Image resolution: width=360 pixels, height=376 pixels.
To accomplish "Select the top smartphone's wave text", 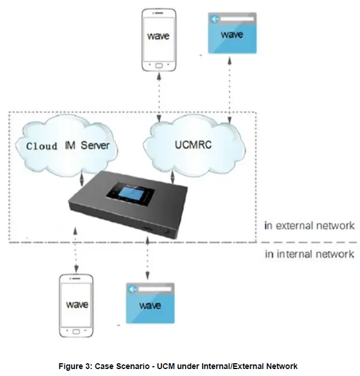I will click(157, 36).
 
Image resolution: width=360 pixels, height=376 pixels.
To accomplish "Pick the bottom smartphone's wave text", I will click(77, 304).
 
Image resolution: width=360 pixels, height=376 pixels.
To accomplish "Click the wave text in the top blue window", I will click(232, 35).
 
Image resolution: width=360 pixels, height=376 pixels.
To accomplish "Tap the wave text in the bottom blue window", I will click(150, 305).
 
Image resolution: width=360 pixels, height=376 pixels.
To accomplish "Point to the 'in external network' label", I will click(308, 226).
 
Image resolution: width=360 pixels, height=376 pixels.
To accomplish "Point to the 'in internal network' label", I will click(309, 254).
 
